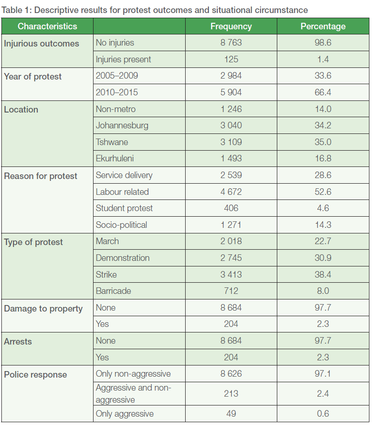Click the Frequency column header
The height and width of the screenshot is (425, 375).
(231, 27)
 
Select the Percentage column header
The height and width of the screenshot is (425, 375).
(323, 27)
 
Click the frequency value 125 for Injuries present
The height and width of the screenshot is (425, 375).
(231, 60)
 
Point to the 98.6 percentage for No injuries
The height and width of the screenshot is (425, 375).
(323, 43)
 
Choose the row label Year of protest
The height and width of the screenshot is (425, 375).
(33, 77)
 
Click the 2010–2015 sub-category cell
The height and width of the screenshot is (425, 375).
(117, 93)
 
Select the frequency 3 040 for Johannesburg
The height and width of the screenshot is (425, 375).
(231, 126)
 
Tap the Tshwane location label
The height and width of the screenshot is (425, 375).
(112, 142)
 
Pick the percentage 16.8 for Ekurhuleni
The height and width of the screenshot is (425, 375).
(323, 159)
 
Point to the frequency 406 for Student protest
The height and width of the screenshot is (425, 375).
(231, 208)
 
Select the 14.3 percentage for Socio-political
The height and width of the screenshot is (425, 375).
(323, 225)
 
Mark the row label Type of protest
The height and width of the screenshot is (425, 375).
(33, 242)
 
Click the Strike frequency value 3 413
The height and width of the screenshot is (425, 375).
(231, 274)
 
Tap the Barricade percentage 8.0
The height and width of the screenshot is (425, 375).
(323, 291)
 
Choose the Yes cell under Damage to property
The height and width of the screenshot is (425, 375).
(102, 324)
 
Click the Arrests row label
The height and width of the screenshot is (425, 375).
(18, 342)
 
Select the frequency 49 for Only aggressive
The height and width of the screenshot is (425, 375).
(231, 414)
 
